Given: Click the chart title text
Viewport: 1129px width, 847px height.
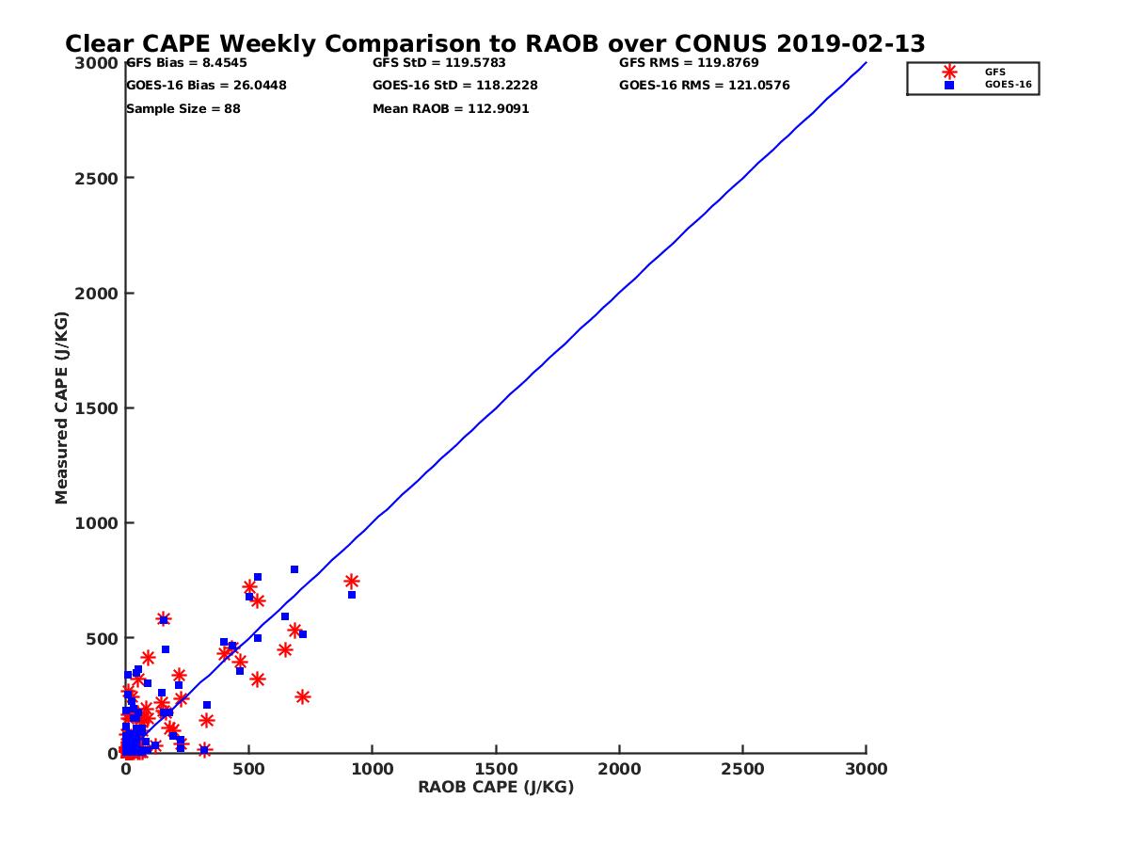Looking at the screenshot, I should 495,44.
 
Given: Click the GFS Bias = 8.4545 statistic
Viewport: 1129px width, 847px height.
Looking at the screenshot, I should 186,63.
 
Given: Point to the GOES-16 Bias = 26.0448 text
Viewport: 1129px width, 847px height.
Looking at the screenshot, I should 206,86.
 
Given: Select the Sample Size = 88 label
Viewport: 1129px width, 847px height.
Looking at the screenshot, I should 183,109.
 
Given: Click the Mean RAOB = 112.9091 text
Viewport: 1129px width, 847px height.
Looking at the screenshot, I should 451,109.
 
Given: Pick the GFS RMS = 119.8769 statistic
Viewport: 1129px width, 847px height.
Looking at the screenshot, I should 689,63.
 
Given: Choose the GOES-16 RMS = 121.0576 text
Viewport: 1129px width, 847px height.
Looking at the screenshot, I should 705,86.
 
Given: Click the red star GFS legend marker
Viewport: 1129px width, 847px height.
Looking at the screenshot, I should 949,72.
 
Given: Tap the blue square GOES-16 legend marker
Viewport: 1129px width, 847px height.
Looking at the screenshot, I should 949,85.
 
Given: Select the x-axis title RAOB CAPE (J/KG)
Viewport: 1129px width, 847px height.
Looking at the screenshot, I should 496,788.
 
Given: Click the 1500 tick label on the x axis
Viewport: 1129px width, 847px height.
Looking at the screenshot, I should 496,769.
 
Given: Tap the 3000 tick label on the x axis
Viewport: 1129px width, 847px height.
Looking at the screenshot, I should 866,769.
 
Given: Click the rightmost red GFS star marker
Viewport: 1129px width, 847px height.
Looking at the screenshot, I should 352,582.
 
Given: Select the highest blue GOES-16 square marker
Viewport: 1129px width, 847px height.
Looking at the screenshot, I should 294,569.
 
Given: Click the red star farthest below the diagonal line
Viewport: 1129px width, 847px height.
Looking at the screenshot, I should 303,697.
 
